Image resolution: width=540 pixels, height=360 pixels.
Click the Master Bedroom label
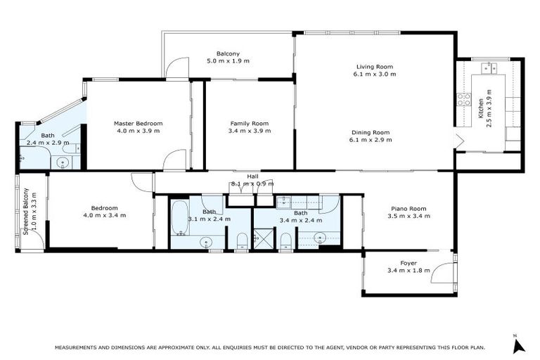point(139,123)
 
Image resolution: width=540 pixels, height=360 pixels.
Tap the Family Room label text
point(249,123)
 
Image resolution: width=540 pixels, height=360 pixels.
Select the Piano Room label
point(408,208)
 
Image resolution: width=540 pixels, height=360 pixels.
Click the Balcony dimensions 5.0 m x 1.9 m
point(228,61)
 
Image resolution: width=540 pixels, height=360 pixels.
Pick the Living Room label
point(374,67)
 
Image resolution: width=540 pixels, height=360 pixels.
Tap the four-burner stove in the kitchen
point(464,100)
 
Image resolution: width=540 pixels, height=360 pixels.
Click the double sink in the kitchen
point(489,68)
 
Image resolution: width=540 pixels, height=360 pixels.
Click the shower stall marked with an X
point(265,241)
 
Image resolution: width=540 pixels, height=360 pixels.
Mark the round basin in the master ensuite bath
point(63,162)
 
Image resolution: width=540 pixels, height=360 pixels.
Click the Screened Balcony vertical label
point(26,211)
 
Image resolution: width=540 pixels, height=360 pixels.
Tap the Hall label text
point(252,176)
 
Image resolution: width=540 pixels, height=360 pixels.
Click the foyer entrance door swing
point(443,271)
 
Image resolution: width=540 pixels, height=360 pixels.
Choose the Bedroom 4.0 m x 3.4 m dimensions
point(104,215)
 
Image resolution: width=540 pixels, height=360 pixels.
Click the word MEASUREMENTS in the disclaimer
point(78,347)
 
